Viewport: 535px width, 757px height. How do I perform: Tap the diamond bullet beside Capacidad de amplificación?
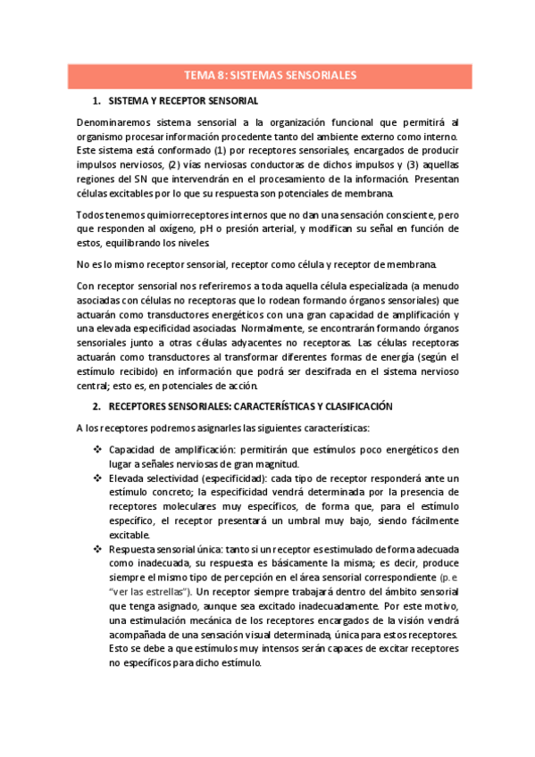[97, 449]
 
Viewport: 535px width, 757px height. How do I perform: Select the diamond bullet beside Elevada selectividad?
[97, 478]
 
